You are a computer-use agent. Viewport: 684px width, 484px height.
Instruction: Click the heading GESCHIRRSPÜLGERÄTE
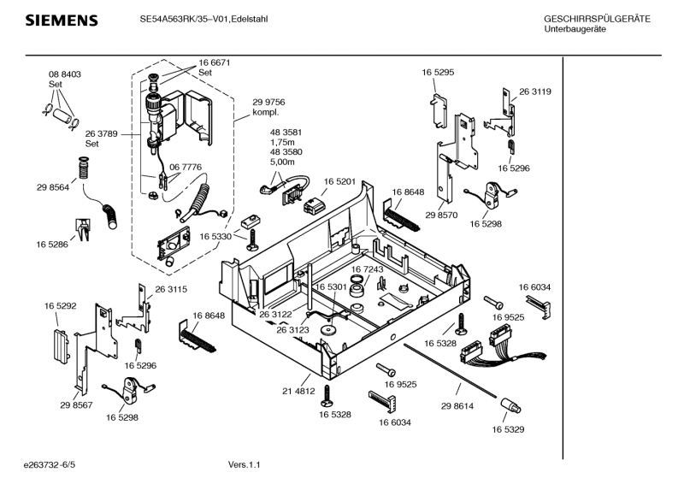597,19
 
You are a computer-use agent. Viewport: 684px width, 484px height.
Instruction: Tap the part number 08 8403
64,75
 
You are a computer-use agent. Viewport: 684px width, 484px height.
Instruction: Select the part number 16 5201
339,182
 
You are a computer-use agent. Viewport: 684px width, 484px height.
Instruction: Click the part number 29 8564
53,187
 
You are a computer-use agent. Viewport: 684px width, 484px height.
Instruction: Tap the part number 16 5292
61,304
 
